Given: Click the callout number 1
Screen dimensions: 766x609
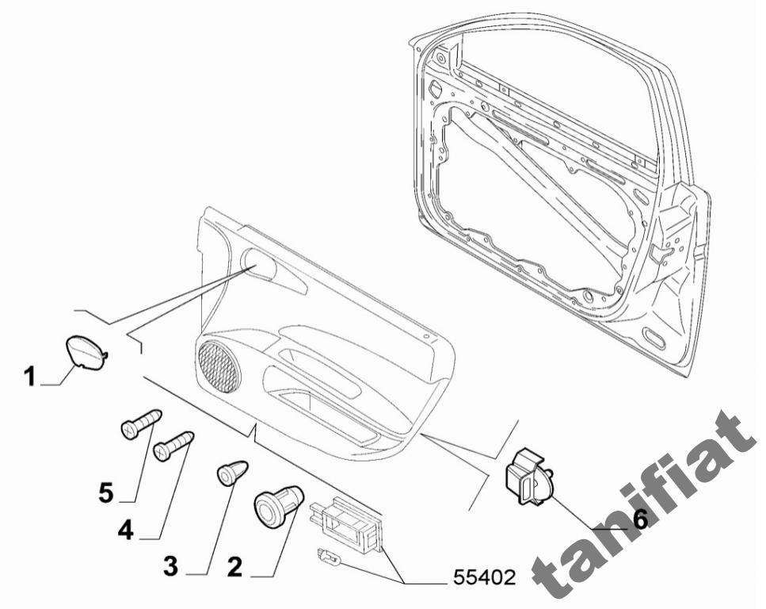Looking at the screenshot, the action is point(30,377).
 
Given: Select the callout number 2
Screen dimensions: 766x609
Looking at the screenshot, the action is point(235,567).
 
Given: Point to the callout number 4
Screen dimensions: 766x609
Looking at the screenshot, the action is point(125,530).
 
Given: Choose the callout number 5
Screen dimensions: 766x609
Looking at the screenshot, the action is point(106,492).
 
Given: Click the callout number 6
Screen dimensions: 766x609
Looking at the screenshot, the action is point(640,519).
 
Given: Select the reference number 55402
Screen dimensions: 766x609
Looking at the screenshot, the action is point(484,578).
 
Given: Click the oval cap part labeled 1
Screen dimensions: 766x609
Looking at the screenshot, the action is point(86,350).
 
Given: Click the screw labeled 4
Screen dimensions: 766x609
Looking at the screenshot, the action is point(174,445).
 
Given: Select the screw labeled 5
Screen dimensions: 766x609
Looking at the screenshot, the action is point(141,423).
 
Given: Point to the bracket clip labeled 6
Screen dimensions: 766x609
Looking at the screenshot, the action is point(528,476).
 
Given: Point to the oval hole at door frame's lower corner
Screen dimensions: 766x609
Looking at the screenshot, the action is point(654,338).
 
